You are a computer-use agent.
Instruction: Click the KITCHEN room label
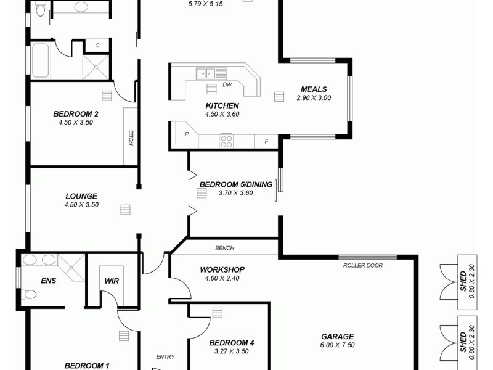coord(222,105)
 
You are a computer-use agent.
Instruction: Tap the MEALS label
coord(314,89)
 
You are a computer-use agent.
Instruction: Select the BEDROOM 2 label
coord(76,113)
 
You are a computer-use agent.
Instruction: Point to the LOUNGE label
coord(81,196)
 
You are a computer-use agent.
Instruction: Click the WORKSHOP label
coord(222,269)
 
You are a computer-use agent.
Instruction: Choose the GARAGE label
coord(337,337)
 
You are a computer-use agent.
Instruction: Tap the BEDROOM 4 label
coord(232,343)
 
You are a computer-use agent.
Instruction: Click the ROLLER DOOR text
coord(363,266)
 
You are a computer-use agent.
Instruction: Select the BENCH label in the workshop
coord(224,249)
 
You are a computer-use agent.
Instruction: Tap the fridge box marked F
coord(266,141)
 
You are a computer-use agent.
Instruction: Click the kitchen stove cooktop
coord(226,141)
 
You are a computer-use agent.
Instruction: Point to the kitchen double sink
coord(205,73)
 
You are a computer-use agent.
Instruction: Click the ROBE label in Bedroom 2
coord(131,136)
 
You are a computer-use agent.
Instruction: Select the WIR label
coord(112,281)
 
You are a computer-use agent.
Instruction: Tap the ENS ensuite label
coord(49,281)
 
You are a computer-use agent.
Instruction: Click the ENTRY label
coord(165,356)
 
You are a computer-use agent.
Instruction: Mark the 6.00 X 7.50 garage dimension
coord(337,345)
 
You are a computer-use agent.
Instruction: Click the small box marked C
coord(97,46)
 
